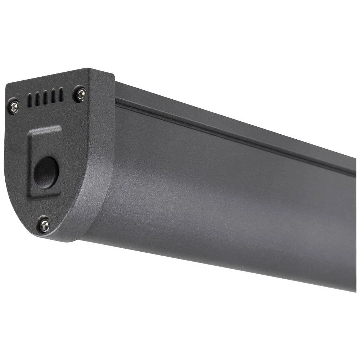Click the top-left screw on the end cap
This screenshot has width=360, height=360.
13,106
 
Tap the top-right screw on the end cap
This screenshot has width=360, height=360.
80,94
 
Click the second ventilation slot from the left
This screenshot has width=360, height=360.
37,99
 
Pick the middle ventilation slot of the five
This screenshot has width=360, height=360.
45,98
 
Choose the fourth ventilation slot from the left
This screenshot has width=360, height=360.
53,96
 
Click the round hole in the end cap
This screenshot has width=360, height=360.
46,172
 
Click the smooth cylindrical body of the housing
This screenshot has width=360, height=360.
223,202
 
